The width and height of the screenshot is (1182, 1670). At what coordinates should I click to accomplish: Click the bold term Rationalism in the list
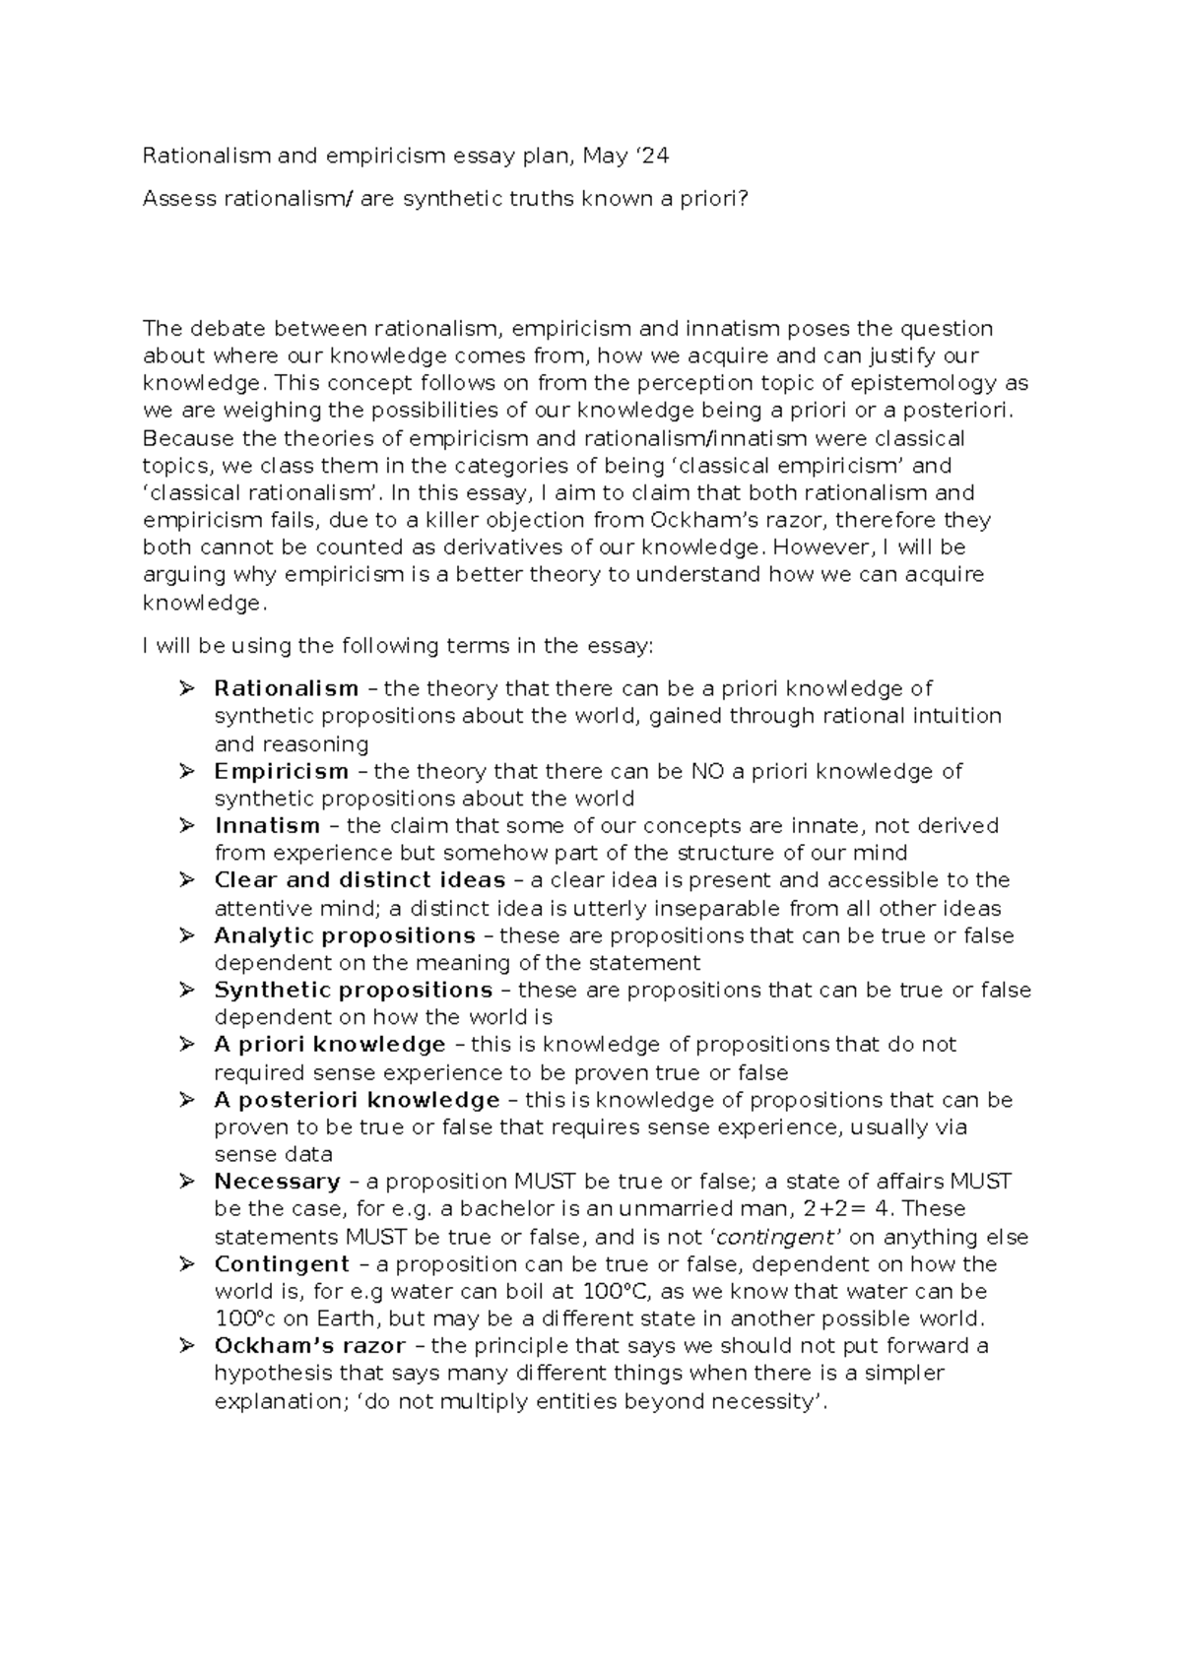[286, 688]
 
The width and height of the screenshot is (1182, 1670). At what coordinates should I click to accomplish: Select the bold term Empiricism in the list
[282, 771]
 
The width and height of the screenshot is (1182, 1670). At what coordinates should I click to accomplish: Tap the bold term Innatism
[267, 825]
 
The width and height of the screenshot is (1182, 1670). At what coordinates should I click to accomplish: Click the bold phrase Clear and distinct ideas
[360, 880]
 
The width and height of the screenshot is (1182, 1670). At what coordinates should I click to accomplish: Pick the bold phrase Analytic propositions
[345, 935]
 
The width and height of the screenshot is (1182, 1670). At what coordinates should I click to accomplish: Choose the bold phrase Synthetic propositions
[353, 990]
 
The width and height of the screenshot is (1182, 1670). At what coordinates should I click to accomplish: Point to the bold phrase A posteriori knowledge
[357, 1100]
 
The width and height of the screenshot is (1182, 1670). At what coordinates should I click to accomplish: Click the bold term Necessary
[277, 1182]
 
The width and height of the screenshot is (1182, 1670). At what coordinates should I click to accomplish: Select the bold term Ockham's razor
[309, 1346]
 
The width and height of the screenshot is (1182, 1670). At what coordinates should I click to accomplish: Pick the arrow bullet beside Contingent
[186, 1263]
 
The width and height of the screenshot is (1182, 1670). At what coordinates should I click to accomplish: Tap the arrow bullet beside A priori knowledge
[186, 1044]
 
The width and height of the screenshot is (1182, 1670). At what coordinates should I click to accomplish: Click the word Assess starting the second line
[178, 200]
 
